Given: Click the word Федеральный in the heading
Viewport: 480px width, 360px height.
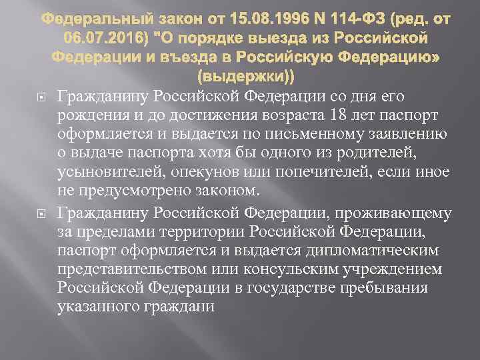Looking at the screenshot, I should pyautogui.click(x=85, y=15).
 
